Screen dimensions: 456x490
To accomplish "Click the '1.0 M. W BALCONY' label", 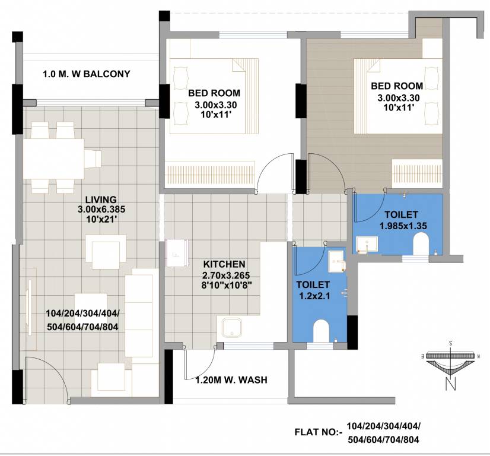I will [x=86, y=74].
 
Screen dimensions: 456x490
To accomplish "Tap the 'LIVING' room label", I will [x=100, y=199].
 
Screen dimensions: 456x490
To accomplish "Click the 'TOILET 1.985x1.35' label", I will [x=402, y=220].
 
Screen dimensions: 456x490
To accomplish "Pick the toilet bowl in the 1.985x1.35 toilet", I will [x=421, y=243].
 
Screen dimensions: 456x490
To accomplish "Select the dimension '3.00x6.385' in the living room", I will [x=100, y=209].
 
